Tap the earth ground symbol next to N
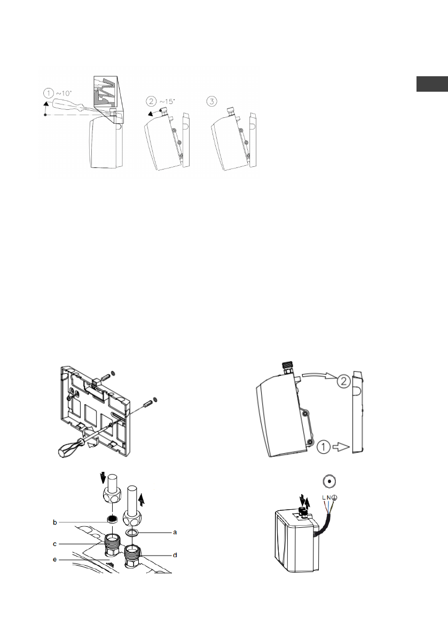coord(335,497)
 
